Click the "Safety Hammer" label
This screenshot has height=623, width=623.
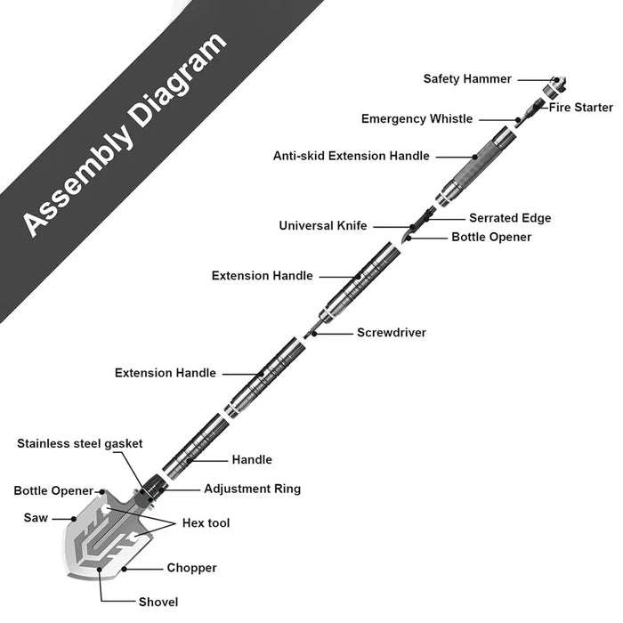pos(467,79)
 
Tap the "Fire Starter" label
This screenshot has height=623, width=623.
pos(580,108)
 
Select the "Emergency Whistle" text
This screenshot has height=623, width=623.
pos(417,119)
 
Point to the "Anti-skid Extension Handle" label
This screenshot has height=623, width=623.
pos(351,156)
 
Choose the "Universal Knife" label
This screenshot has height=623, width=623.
pos(322,226)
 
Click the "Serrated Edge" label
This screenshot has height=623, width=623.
pos(510,218)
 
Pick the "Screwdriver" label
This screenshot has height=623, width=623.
pos(392,333)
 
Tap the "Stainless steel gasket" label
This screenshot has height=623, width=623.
pos(79,443)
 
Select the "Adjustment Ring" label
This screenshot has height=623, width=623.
pos(252,489)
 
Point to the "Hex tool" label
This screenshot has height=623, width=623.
pos(206,523)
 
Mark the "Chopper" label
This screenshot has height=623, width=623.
pos(191,568)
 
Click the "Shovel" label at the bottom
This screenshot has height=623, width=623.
pos(158,602)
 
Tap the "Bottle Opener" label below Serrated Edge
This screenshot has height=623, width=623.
pos(491,238)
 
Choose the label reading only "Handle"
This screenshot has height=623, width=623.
pos(252,460)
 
